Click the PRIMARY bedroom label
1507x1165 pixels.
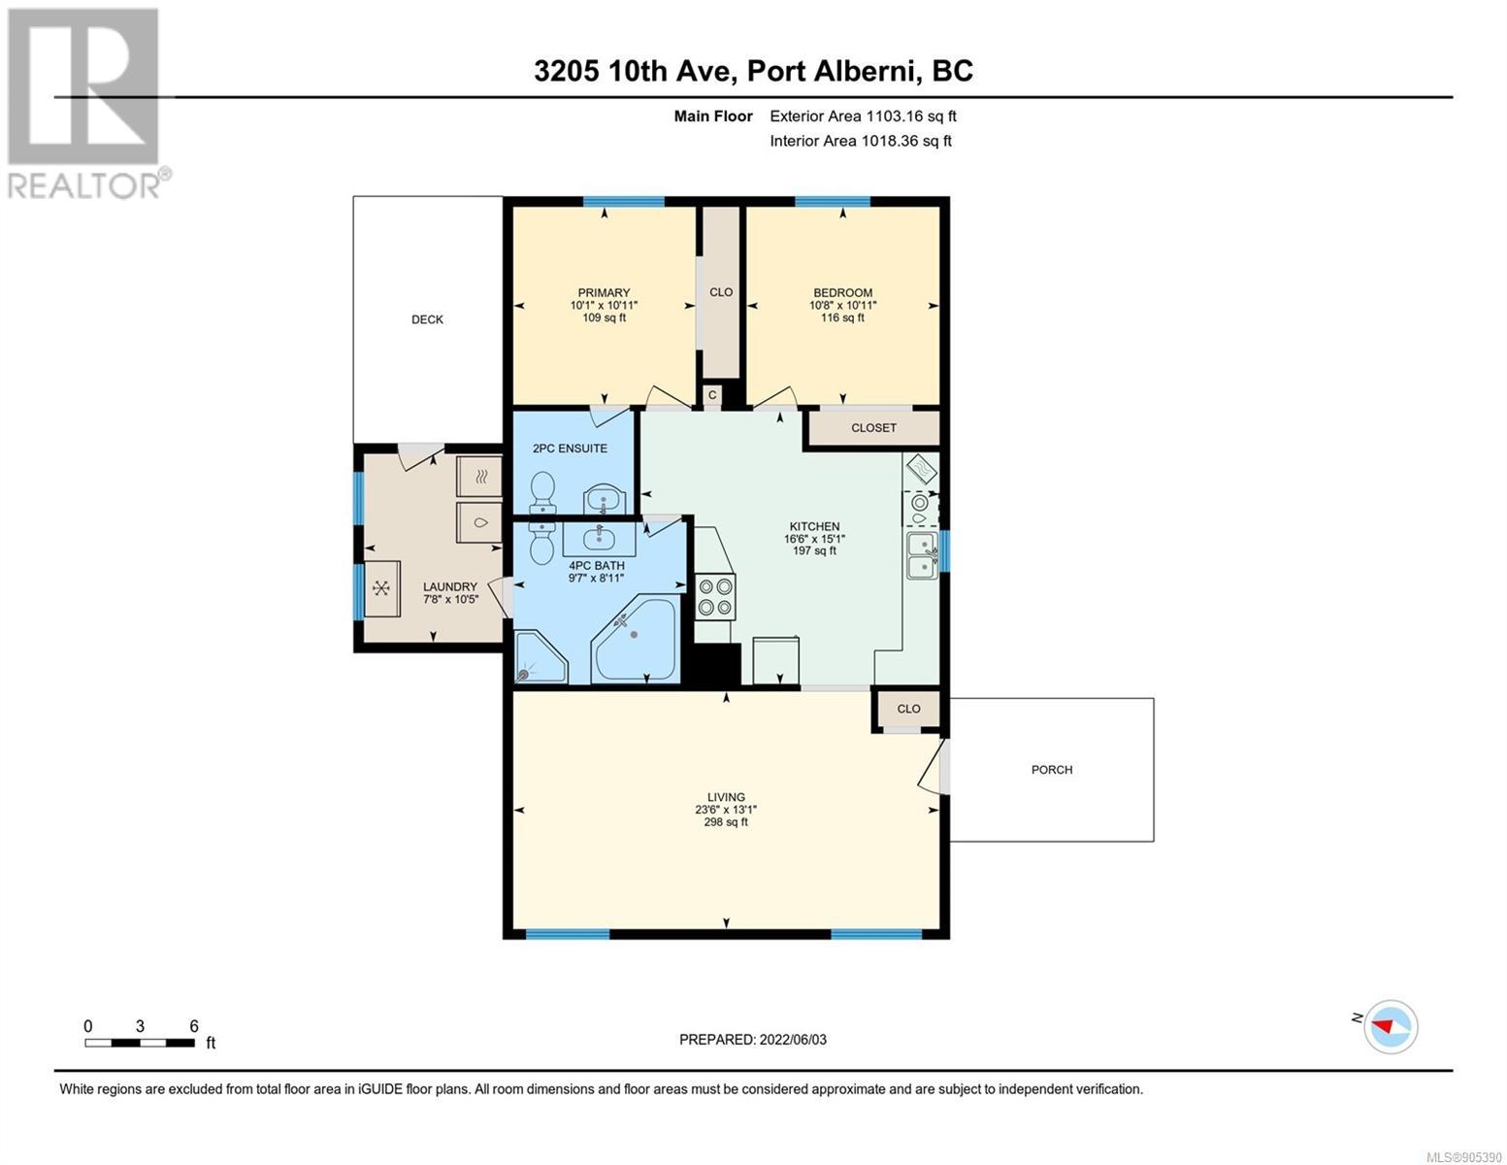pyautogui.click(x=604, y=293)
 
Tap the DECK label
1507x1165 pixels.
pyautogui.click(x=427, y=319)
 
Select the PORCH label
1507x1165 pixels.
pyautogui.click(x=1051, y=770)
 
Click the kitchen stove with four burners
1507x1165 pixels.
pyautogui.click(x=715, y=597)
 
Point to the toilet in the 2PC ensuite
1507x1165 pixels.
pyautogui.click(x=542, y=491)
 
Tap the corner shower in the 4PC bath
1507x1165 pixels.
pyautogui.click(x=541, y=656)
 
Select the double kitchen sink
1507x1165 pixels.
pyautogui.click(x=923, y=555)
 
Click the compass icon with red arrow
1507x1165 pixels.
pyautogui.click(x=1391, y=1027)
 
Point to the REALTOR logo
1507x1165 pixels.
pyautogui.click(x=85, y=104)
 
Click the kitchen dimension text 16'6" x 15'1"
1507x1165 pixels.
pyautogui.click(x=814, y=539)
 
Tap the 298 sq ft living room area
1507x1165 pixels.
pyautogui.click(x=726, y=822)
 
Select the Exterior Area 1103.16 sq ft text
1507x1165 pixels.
pyautogui.click(x=863, y=116)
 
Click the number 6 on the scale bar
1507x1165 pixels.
pyautogui.click(x=194, y=1025)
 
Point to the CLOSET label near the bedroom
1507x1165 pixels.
pyautogui.click(x=873, y=428)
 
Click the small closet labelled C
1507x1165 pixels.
pyautogui.click(x=712, y=395)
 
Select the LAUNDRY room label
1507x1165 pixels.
pyautogui.click(x=450, y=587)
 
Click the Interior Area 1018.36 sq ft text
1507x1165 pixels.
pyautogui.click(x=861, y=141)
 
